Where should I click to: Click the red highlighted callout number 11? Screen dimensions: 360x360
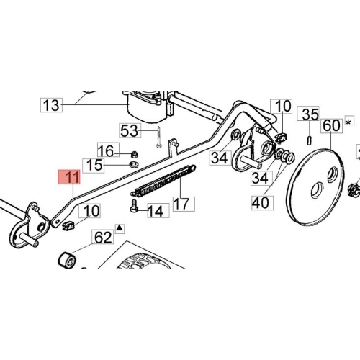[69, 177]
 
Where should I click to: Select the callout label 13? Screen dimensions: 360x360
[51, 105]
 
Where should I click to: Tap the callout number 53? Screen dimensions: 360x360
[130, 130]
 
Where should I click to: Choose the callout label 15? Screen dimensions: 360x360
[94, 166]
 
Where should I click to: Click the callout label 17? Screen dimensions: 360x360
[184, 204]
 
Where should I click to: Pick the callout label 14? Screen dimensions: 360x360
[158, 210]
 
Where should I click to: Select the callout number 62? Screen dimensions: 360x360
[103, 237]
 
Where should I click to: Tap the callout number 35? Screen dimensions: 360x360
[308, 113]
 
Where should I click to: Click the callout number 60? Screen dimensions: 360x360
[332, 125]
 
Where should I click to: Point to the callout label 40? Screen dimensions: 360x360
[262, 203]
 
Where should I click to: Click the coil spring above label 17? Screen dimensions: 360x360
[163, 180]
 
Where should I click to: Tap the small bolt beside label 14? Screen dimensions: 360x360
[134, 206]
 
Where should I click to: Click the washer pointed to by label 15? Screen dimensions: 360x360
[133, 165]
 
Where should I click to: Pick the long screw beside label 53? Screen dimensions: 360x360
[158, 138]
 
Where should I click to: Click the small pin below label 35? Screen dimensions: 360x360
[310, 140]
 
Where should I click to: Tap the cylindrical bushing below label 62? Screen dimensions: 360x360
[67, 260]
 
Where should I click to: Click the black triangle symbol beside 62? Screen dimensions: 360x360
[120, 228]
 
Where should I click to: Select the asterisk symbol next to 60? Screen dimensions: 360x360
[349, 121]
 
